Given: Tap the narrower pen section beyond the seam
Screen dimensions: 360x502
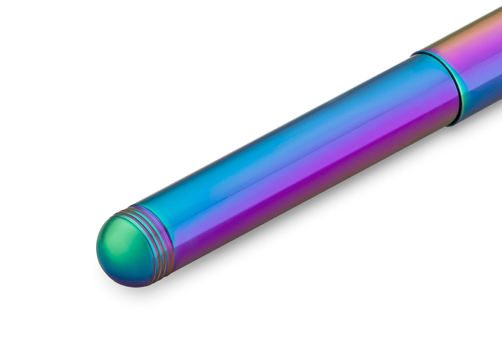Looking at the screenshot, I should (477, 67).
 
